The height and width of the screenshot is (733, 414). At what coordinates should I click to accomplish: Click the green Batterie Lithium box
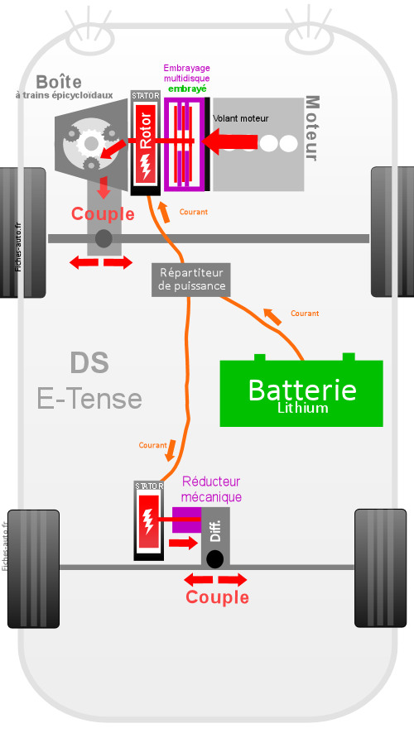[301, 393]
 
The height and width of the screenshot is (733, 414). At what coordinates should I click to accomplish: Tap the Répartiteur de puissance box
[191, 279]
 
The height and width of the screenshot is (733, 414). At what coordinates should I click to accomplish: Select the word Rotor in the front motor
[146, 131]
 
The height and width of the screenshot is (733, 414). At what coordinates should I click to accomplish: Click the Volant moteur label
[241, 119]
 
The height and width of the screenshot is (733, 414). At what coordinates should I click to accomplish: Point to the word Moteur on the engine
[312, 128]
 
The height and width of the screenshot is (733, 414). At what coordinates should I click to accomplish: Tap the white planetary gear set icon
[90, 143]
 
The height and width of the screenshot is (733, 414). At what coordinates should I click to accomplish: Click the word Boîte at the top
[59, 82]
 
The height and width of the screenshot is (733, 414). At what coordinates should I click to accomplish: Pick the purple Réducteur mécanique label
[211, 489]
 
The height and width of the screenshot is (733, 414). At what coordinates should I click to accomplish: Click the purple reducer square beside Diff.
[186, 520]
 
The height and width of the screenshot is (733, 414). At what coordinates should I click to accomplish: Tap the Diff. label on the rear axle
[215, 531]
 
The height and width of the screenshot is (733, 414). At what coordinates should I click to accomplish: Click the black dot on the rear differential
[214, 559]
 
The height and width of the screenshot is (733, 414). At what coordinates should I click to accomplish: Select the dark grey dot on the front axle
[103, 239]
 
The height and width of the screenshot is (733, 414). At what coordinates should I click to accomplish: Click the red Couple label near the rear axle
[217, 597]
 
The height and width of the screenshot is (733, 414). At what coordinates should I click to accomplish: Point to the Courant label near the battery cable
[305, 314]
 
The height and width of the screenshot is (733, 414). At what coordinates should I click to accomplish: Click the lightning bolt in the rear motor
[149, 520]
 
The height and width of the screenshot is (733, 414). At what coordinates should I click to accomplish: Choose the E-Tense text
[89, 399]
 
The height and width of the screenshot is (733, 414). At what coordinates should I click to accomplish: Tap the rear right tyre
[380, 568]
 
